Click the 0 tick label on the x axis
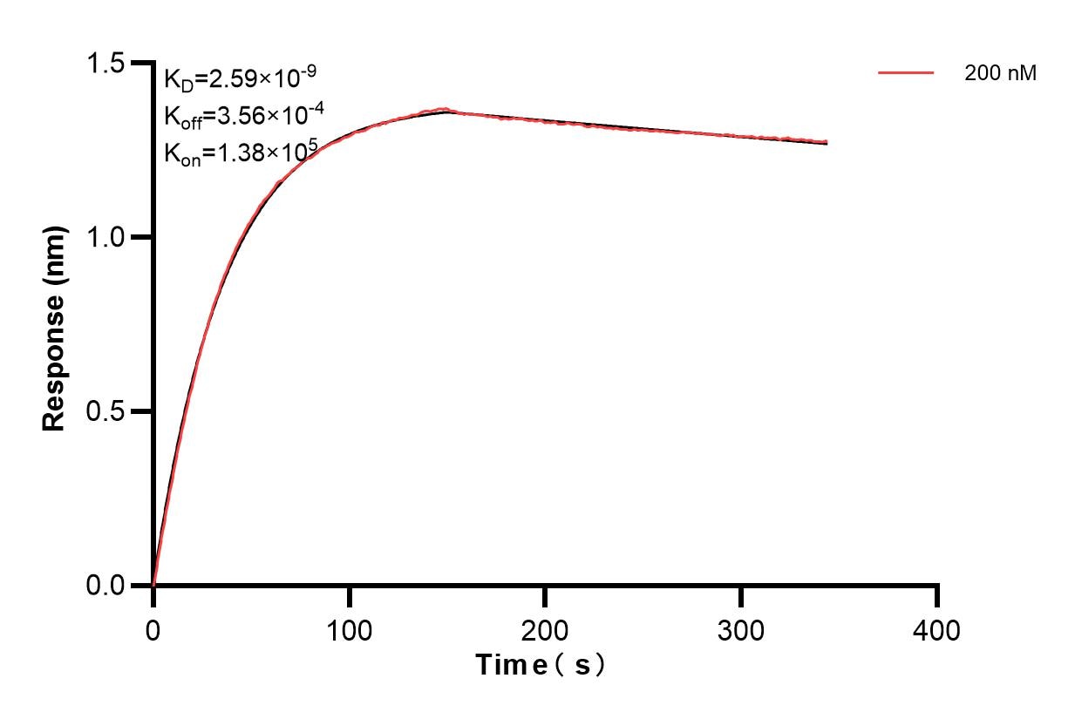coord(153,629)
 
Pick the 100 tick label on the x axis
coord(349,629)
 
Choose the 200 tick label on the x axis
coord(545,629)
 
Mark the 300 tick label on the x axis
coord(741,629)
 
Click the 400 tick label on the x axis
coord(937,629)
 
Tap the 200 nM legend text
coord(1000,74)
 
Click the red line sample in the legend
coord(905,74)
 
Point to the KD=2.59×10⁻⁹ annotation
coord(233,79)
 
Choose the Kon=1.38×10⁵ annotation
coord(234,153)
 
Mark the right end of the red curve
coord(826,142)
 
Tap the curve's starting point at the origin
coord(153,585)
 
